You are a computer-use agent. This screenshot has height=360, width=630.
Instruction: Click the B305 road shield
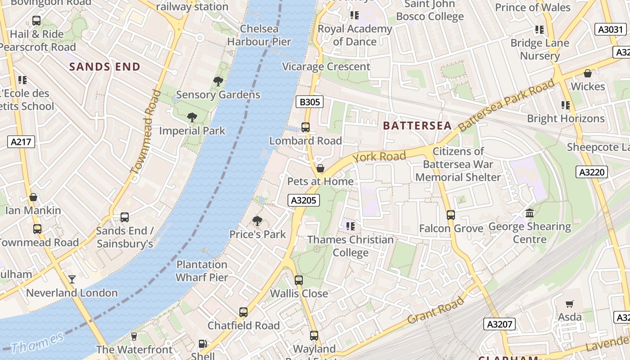pos(310,102)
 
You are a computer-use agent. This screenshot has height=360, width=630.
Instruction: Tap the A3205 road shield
pos(304,200)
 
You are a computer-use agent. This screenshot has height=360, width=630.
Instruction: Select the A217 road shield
pos(21,142)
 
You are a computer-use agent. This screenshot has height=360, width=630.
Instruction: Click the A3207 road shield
pos(499,324)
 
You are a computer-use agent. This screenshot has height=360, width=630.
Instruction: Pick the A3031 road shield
pos(610,30)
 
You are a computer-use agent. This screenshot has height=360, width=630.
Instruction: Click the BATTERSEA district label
pos(417,126)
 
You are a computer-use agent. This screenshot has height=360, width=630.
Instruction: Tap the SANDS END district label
pos(105,67)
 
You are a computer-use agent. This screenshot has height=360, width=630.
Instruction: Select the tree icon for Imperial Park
pos(192,118)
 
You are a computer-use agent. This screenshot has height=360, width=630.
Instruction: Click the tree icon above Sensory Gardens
pos(218,81)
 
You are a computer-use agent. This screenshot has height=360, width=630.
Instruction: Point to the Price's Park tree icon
pos(257,221)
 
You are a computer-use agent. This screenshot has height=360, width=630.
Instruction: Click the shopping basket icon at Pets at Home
pos(320,169)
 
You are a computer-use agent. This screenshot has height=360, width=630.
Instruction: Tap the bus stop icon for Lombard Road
pos(306,127)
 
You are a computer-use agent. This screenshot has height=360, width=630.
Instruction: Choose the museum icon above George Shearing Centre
pos(530,213)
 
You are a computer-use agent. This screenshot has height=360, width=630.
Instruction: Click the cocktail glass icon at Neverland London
pos(72,279)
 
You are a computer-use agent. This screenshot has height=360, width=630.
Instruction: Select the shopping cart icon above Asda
pos(570,304)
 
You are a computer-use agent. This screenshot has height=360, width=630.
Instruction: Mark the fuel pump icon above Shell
pos(203,344)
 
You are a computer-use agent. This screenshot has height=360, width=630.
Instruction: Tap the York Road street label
pos(379,157)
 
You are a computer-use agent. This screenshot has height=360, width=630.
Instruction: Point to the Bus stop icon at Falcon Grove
pos(451,215)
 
